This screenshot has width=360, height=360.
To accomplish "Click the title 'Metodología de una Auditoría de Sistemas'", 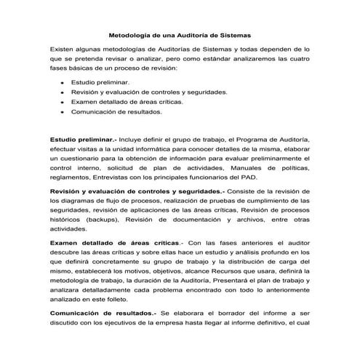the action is [x=179, y=34].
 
